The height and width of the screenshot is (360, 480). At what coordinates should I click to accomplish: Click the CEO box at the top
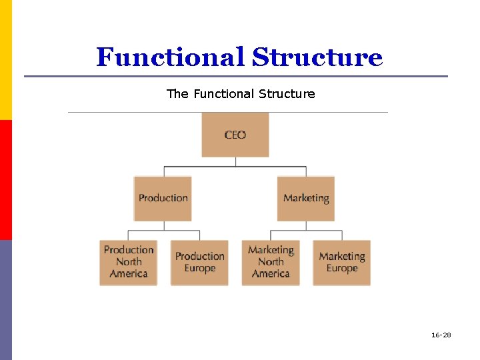pos(235,135)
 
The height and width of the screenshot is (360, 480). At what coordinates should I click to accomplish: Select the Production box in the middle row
pos(163,198)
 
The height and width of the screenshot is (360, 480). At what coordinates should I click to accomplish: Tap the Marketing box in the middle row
pos(306,198)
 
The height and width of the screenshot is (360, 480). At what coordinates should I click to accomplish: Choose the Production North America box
pos(128,262)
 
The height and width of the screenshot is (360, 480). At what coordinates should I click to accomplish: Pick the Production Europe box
pos(199,262)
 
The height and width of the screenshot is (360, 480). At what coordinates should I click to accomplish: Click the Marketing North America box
pos(271,262)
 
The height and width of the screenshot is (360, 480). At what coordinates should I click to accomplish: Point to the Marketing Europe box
pos(342,262)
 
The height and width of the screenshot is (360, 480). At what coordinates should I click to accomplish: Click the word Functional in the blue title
pos(171,57)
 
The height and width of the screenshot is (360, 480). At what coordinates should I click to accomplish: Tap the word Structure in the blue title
pos(317,57)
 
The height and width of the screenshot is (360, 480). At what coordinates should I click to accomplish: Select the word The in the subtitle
pos(177,94)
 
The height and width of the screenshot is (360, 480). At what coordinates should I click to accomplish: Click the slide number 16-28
pos(441,335)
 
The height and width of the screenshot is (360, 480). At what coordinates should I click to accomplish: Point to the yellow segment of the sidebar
pos(5,60)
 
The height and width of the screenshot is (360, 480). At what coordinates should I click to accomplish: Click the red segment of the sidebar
pos(5,180)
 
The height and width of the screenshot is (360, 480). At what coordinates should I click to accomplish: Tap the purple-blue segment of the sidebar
pos(5,300)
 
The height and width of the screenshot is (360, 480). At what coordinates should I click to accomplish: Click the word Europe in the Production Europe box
pos(200,269)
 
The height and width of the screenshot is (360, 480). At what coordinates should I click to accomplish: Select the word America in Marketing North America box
pos(271,274)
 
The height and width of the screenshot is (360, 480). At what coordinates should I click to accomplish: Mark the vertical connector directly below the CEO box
pos(235,162)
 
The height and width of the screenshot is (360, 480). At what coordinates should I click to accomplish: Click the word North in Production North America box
pos(129,262)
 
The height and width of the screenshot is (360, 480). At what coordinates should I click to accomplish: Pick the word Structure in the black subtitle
pos(289,94)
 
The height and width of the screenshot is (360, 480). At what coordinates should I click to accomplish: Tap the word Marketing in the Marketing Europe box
pos(342,256)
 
